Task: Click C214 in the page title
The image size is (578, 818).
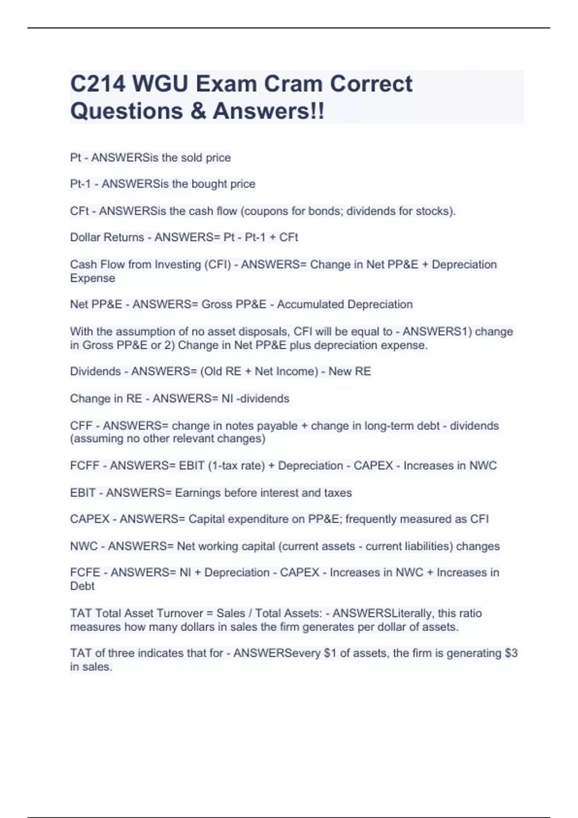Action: point(98,84)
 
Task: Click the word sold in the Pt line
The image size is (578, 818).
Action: point(191,158)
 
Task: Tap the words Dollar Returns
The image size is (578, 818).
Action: point(107,237)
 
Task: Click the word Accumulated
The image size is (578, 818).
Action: point(310,305)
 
